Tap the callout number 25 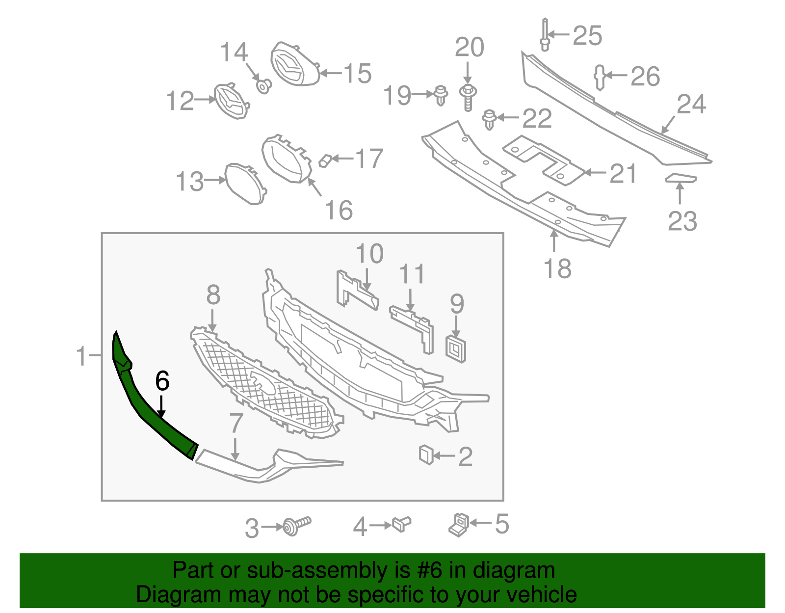click(x=587, y=36)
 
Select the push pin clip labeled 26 click(x=600, y=77)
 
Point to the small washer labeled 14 click(x=264, y=86)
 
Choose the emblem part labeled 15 click(x=293, y=65)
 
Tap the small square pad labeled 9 click(x=456, y=348)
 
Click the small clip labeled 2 click(x=426, y=454)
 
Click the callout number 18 click(x=557, y=269)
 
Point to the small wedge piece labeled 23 click(x=680, y=178)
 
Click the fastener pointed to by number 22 click(x=489, y=119)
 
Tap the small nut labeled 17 click(x=325, y=160)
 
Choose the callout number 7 click(x=236, y=423)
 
